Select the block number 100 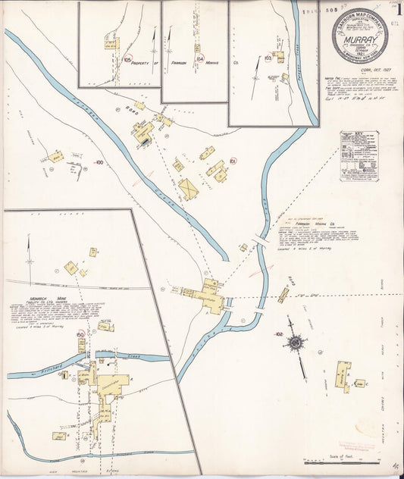click(x=98, y=162)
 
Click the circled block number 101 click(x=233, y=161)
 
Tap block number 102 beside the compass click(x=279, y=334)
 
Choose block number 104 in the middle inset click(x=199, y=58)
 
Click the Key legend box click(x=359, y=157)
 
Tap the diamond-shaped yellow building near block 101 click(x=189, y=188)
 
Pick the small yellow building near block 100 click(x=55, y=157)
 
